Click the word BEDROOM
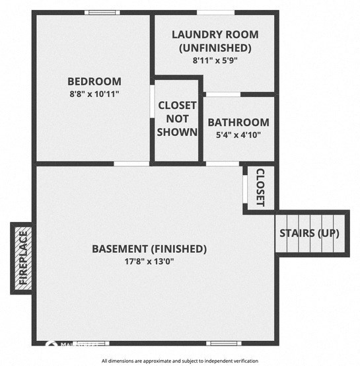(x=94, y=81)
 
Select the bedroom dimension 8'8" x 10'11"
(x=94, y=94)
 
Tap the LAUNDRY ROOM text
(x=215, y=34)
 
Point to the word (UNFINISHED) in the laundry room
(x=215, y=48)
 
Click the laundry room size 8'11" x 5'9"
(x=215, y=59)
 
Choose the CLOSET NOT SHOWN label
(x=178, y=119)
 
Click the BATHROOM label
(x=238, y=122)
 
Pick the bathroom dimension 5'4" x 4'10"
(x=238, y=135)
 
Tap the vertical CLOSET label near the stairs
(x=260, y=188)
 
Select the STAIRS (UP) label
(x=310, y=233)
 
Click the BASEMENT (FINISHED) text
(x=149, y=249)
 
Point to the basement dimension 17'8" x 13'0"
(x=149, y=261)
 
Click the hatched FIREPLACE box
(x=22, y=258)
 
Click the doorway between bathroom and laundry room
(x=223, y=94)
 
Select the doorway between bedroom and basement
(x=131, y=163)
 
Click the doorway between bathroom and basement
(x=222, y=163)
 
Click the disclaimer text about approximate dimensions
(x=180, y=361)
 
